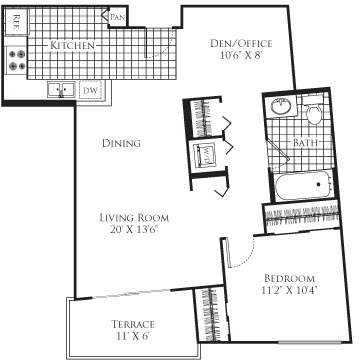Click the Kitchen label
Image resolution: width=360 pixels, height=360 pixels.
coord(75,46)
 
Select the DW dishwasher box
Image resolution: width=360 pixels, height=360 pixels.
coord(89,90)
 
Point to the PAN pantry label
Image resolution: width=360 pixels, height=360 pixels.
coord(116,16)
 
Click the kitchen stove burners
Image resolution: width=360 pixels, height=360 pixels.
coord(17,58)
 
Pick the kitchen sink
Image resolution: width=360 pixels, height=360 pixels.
coord(60,90)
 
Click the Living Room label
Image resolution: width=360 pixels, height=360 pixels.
coord(133,217)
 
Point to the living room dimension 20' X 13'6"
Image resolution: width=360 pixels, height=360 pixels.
coord(133,230)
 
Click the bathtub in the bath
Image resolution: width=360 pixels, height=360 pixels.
coord(304,185)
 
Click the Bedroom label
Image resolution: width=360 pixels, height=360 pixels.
coord(289,277)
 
